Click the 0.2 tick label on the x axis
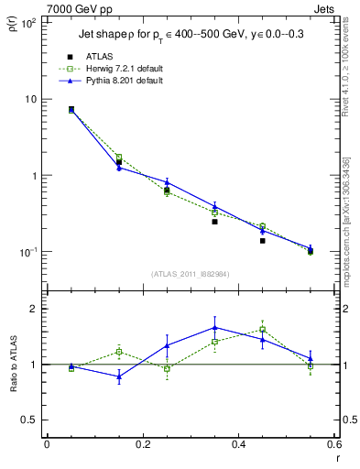tap(142, 444)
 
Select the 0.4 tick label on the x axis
tap(238, 444)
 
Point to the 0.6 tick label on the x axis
tap(333, 444)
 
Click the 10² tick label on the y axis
tap(27, 23)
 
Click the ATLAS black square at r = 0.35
tap(214, 222)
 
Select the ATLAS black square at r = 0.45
tap(262, 241)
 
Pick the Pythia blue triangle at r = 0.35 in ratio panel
tap(214, 327)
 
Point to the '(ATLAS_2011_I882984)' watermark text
tap(191, 274)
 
